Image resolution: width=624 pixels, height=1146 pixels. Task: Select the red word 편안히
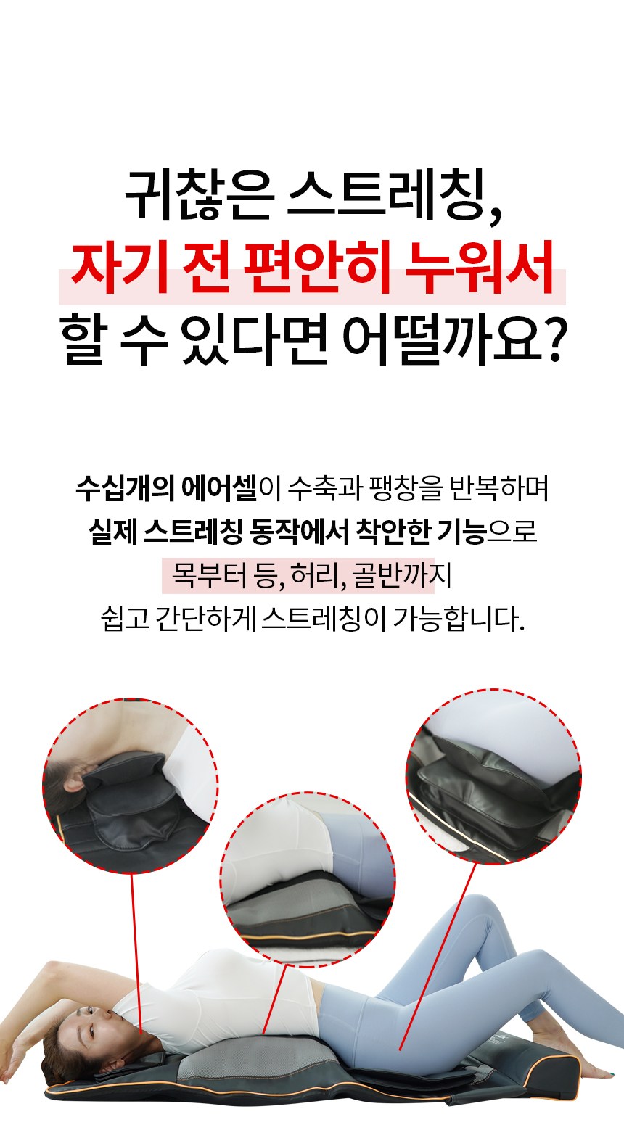317,267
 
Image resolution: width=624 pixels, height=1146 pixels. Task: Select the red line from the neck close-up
136,953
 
